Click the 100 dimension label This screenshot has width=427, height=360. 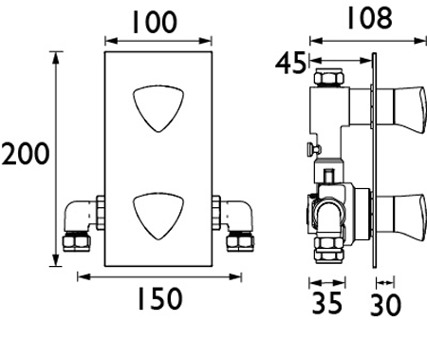[154, 22]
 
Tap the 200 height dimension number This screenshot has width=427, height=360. [26, 154]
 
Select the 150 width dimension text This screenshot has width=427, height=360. [159, 298]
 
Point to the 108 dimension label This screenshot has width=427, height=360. [369, 18]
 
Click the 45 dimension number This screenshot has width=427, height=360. [291, 64]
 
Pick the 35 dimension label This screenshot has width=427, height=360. [327, 303]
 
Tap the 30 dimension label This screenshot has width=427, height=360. [385, 305]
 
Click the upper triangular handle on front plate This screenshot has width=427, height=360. [158, 107]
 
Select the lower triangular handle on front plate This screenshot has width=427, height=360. [158, 215]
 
